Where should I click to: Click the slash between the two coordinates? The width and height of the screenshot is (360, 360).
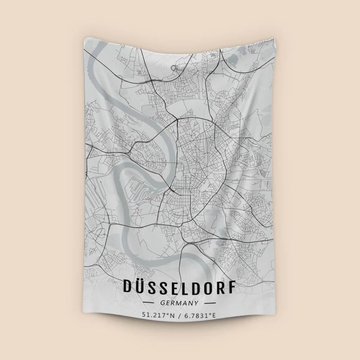(180, 316)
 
